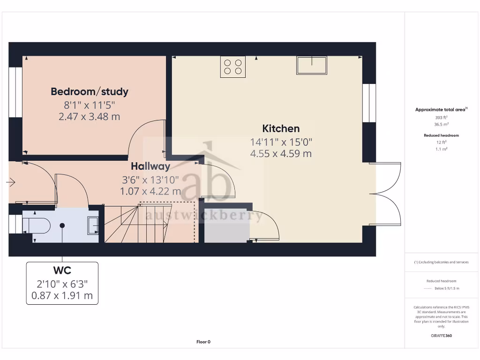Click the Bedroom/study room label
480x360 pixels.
(89, 92)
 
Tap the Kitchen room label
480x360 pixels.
(281, 128)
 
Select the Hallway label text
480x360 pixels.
(150, 166)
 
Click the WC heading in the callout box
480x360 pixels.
(62, 271)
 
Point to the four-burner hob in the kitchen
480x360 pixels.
(233, 67)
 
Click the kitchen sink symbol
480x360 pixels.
(311, 66)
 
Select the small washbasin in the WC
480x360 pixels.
(93, 225)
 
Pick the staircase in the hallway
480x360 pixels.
(141, 224)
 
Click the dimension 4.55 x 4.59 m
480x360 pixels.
(281, 153)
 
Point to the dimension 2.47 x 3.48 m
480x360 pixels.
(89, 117)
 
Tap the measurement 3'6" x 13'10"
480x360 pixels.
(150, 179)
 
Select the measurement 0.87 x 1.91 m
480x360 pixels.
(62, 296)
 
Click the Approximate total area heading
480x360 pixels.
(440, 110)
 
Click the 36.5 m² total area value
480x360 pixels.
(442, 124)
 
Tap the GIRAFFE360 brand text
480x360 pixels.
(442, 336)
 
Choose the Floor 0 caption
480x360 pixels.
(203, 342)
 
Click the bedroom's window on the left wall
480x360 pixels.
(15, 91)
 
